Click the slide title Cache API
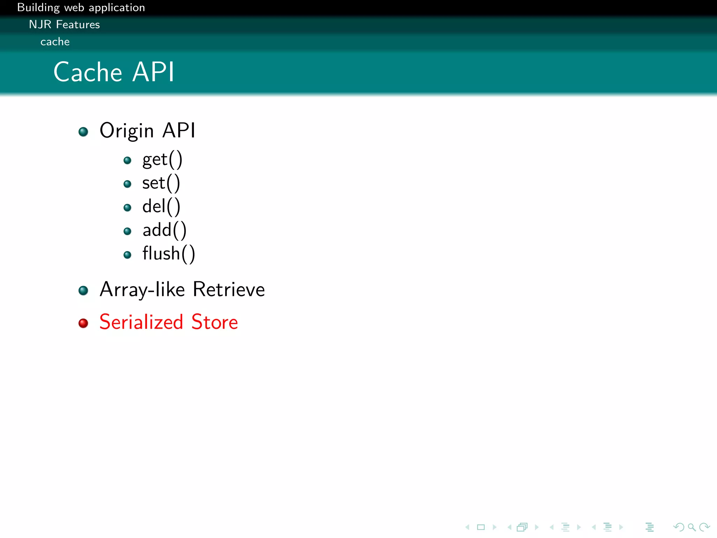[114, 72]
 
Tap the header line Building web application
[81, 8]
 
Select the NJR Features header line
[64, 25]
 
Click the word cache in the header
[55, 42]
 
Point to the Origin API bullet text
[147, 131]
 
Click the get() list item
[162, 160]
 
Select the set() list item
[161, 183]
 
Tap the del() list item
[161, 207]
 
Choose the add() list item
[164, 230]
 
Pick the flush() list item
[168, 254]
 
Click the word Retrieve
[229, 289]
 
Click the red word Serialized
[141, 322]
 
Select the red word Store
[215, 322]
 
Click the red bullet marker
[83, 323]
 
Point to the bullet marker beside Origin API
[83, 132]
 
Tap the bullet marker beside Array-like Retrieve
[83, 290]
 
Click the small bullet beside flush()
[127, 255]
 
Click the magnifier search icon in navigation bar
[691, 527]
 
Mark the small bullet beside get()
[127, 160]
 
